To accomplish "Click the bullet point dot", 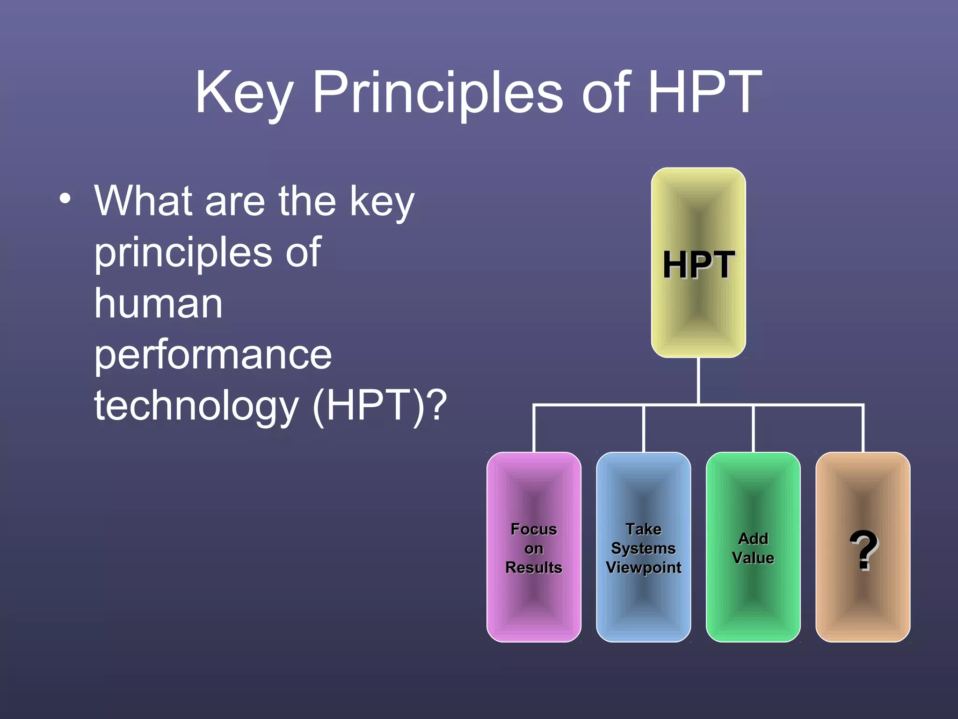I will click(x=65, y=198).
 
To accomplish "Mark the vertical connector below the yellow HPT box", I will click(x=698, y=380).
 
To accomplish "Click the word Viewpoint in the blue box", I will click(x=643, y=567).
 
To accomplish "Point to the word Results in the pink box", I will click(x=534, y=567).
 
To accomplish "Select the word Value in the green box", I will click(x=753, y=558).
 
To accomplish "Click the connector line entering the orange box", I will click(x=863, y=428).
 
